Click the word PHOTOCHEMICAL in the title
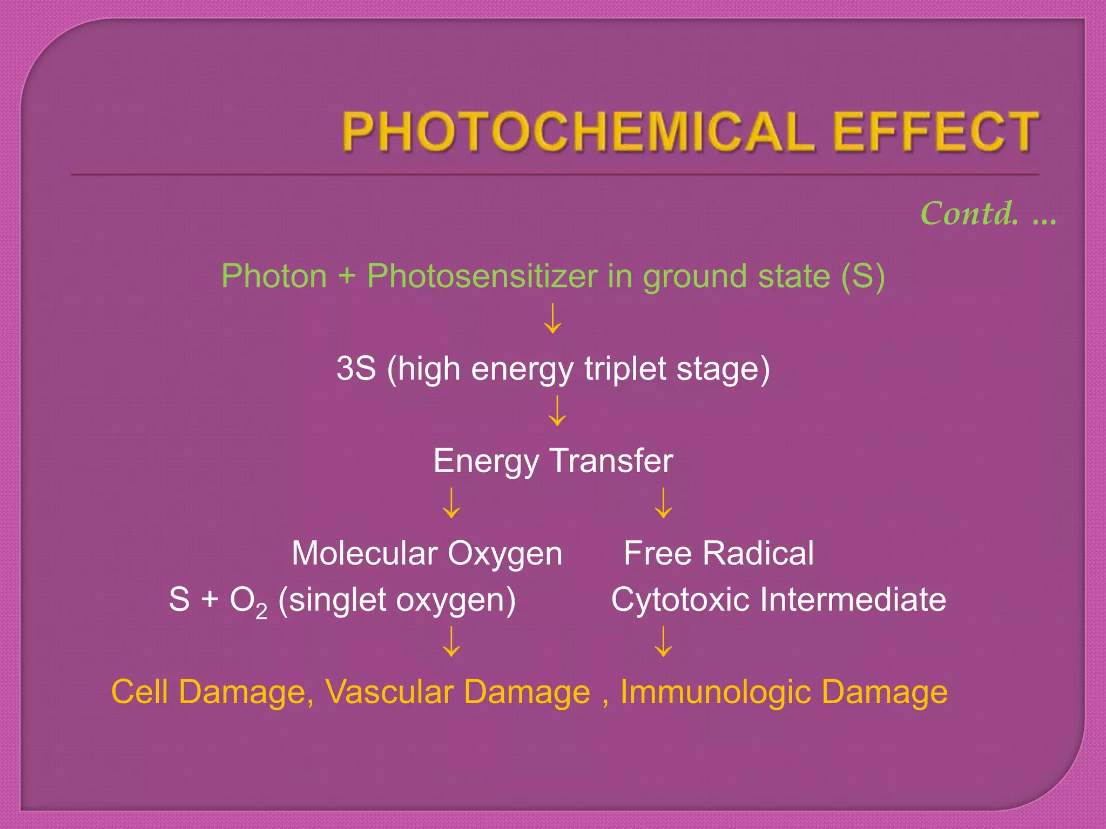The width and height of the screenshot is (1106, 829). [x=578, y=132]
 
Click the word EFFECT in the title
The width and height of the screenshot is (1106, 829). [x=935, y=132]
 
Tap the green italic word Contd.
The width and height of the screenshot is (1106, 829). [x=969, y=214]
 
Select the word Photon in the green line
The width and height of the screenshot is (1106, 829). [x=274, y=276]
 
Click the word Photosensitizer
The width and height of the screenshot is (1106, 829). [x=482, y=276]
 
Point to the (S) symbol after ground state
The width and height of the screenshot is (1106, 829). [x=862, y=276]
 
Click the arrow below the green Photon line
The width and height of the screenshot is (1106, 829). [x=552, y=318]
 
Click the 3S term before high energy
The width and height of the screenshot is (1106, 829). [x=356, y=369]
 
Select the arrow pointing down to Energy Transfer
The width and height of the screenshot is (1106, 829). [x=557, y=411]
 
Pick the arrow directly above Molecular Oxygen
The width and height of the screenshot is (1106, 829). [x=451, y=504]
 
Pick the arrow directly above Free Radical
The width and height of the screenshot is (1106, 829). [x=663, y=504]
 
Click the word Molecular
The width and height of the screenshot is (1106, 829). [x=364, y=554]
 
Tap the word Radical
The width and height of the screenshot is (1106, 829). [x=758, y=554]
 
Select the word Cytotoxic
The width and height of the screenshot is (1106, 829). [x=680, y=600]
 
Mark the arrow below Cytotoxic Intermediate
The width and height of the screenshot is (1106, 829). [x=663, y=642]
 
